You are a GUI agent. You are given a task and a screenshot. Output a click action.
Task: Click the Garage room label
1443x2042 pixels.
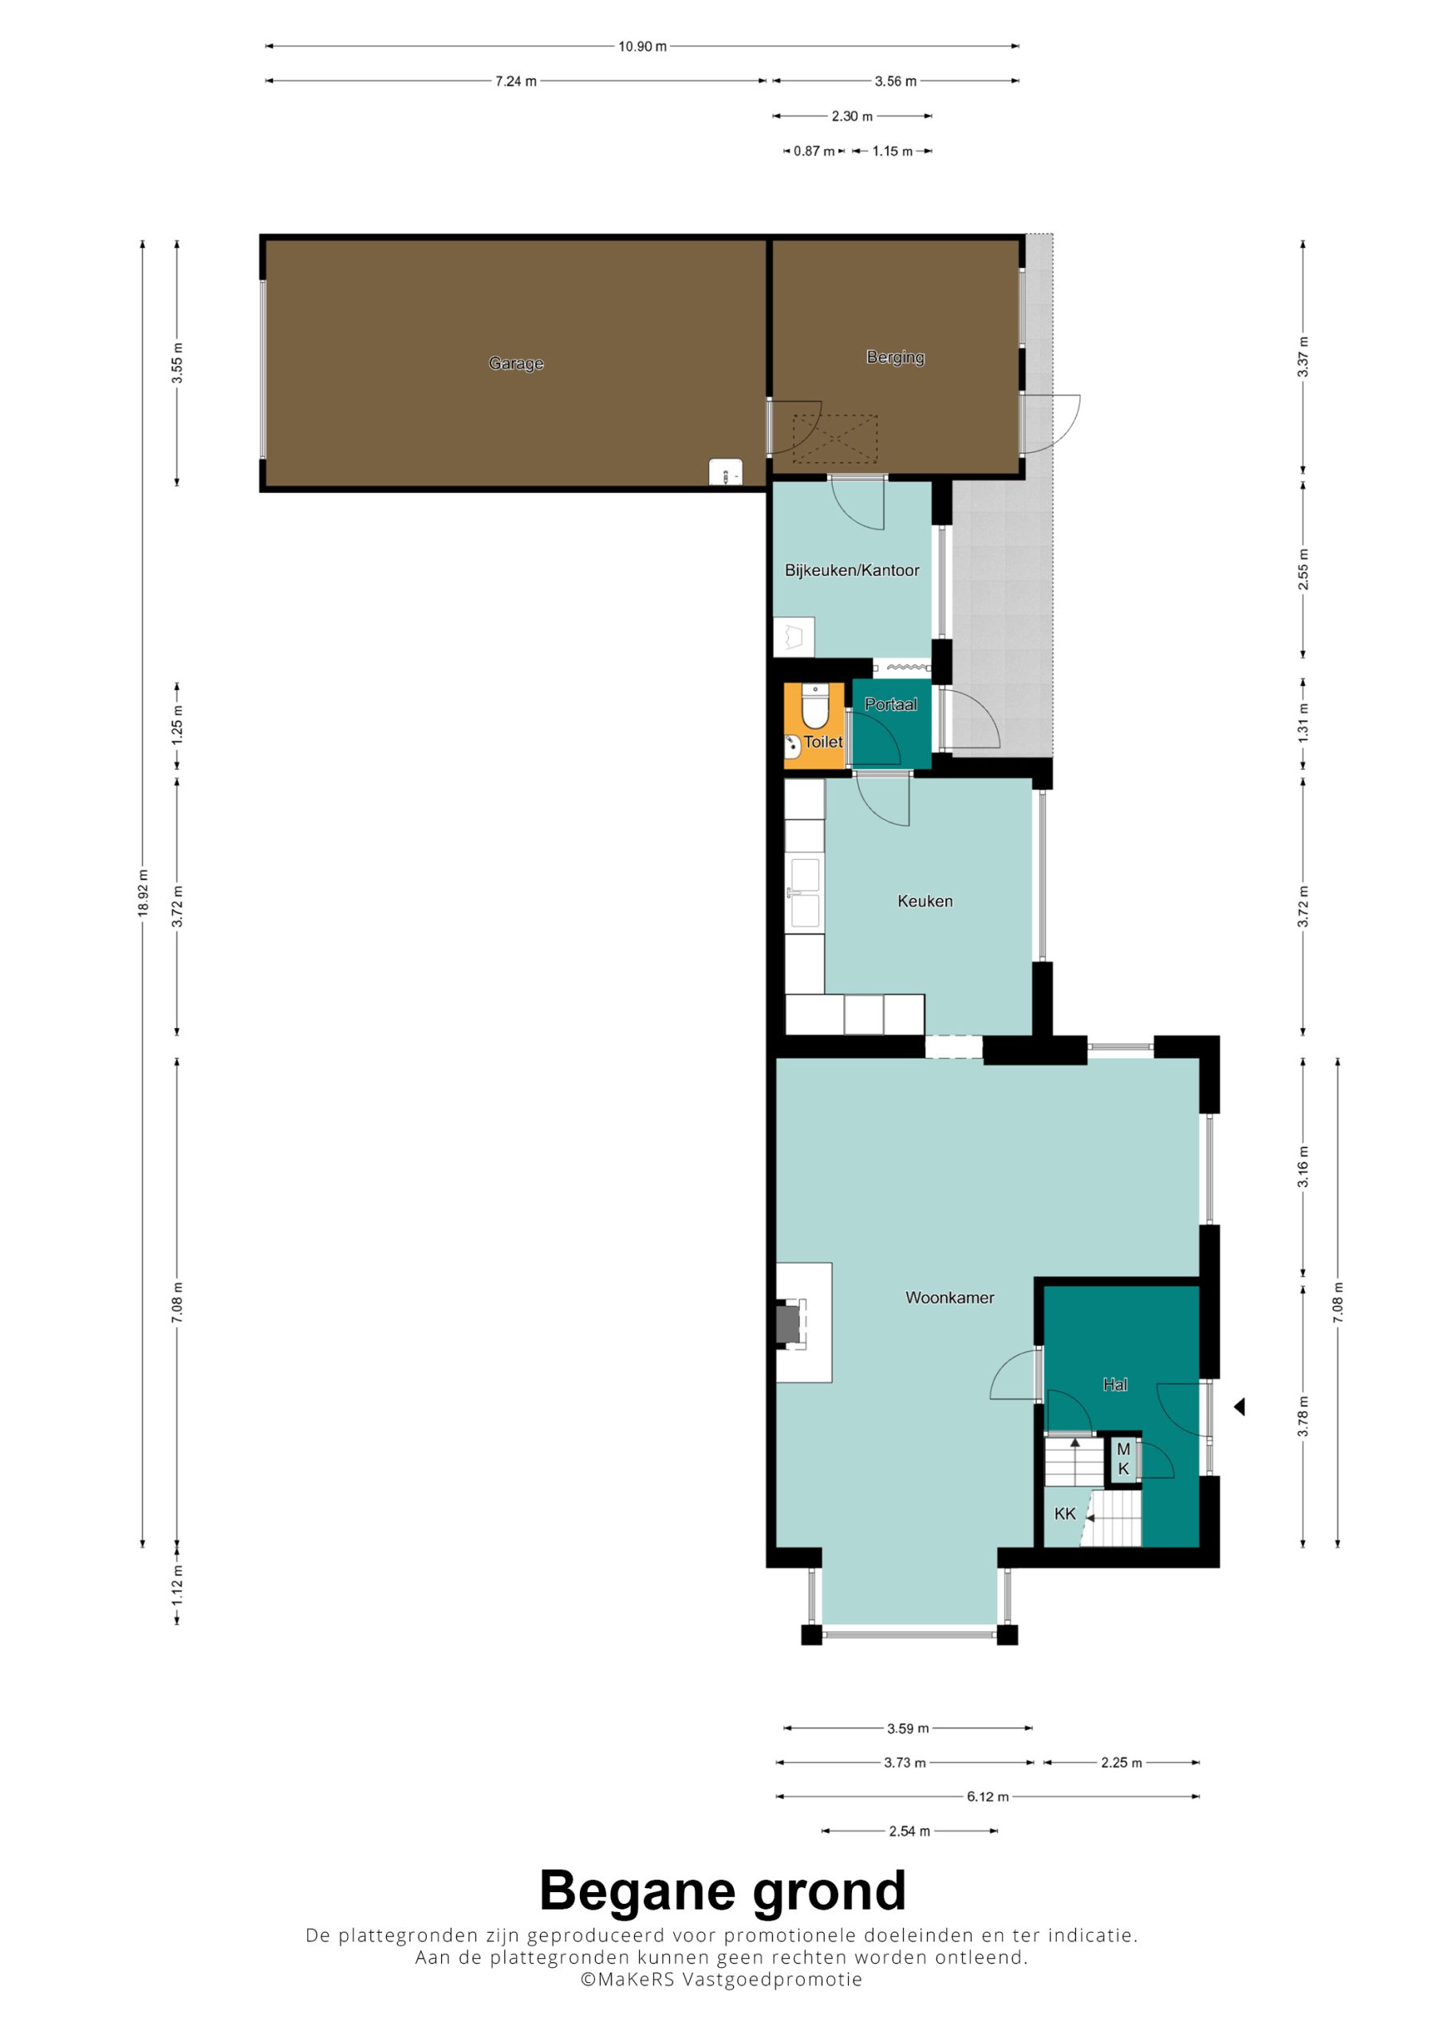tap(516, 363)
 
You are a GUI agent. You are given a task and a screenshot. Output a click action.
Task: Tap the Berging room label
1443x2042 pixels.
tap(895, 357)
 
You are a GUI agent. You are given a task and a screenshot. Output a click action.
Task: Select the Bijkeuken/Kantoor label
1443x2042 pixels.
tap(851, 570)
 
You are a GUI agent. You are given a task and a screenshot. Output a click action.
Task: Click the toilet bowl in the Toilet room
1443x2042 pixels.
tap(815, 706)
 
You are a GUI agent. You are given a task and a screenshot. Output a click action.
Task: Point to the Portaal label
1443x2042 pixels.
tap(890, 704)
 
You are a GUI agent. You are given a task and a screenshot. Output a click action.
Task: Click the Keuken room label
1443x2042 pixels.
tap(925, 901)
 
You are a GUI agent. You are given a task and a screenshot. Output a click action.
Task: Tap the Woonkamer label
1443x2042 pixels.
tap(949, 1298)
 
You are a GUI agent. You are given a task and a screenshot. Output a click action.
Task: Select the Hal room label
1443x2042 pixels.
tap(1114, 1384)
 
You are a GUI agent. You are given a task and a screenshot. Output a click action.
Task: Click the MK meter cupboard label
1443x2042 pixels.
tap(1124, 1459)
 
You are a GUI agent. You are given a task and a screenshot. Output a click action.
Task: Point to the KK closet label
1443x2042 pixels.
tap(1065, 1514)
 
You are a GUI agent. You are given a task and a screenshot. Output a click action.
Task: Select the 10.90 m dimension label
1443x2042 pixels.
tap(642, 46)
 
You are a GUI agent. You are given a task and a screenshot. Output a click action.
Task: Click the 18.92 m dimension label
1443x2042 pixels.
tap(142, 893)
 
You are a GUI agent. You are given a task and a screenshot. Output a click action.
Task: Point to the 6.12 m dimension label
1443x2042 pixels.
tap(988, 1796)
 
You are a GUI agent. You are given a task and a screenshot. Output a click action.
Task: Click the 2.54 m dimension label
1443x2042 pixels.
tap(909, 1831)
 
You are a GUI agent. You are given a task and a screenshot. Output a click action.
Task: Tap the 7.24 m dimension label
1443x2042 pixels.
tap(516, 81)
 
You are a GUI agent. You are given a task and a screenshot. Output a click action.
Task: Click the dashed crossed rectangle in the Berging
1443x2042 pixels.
tap(834, 439)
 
